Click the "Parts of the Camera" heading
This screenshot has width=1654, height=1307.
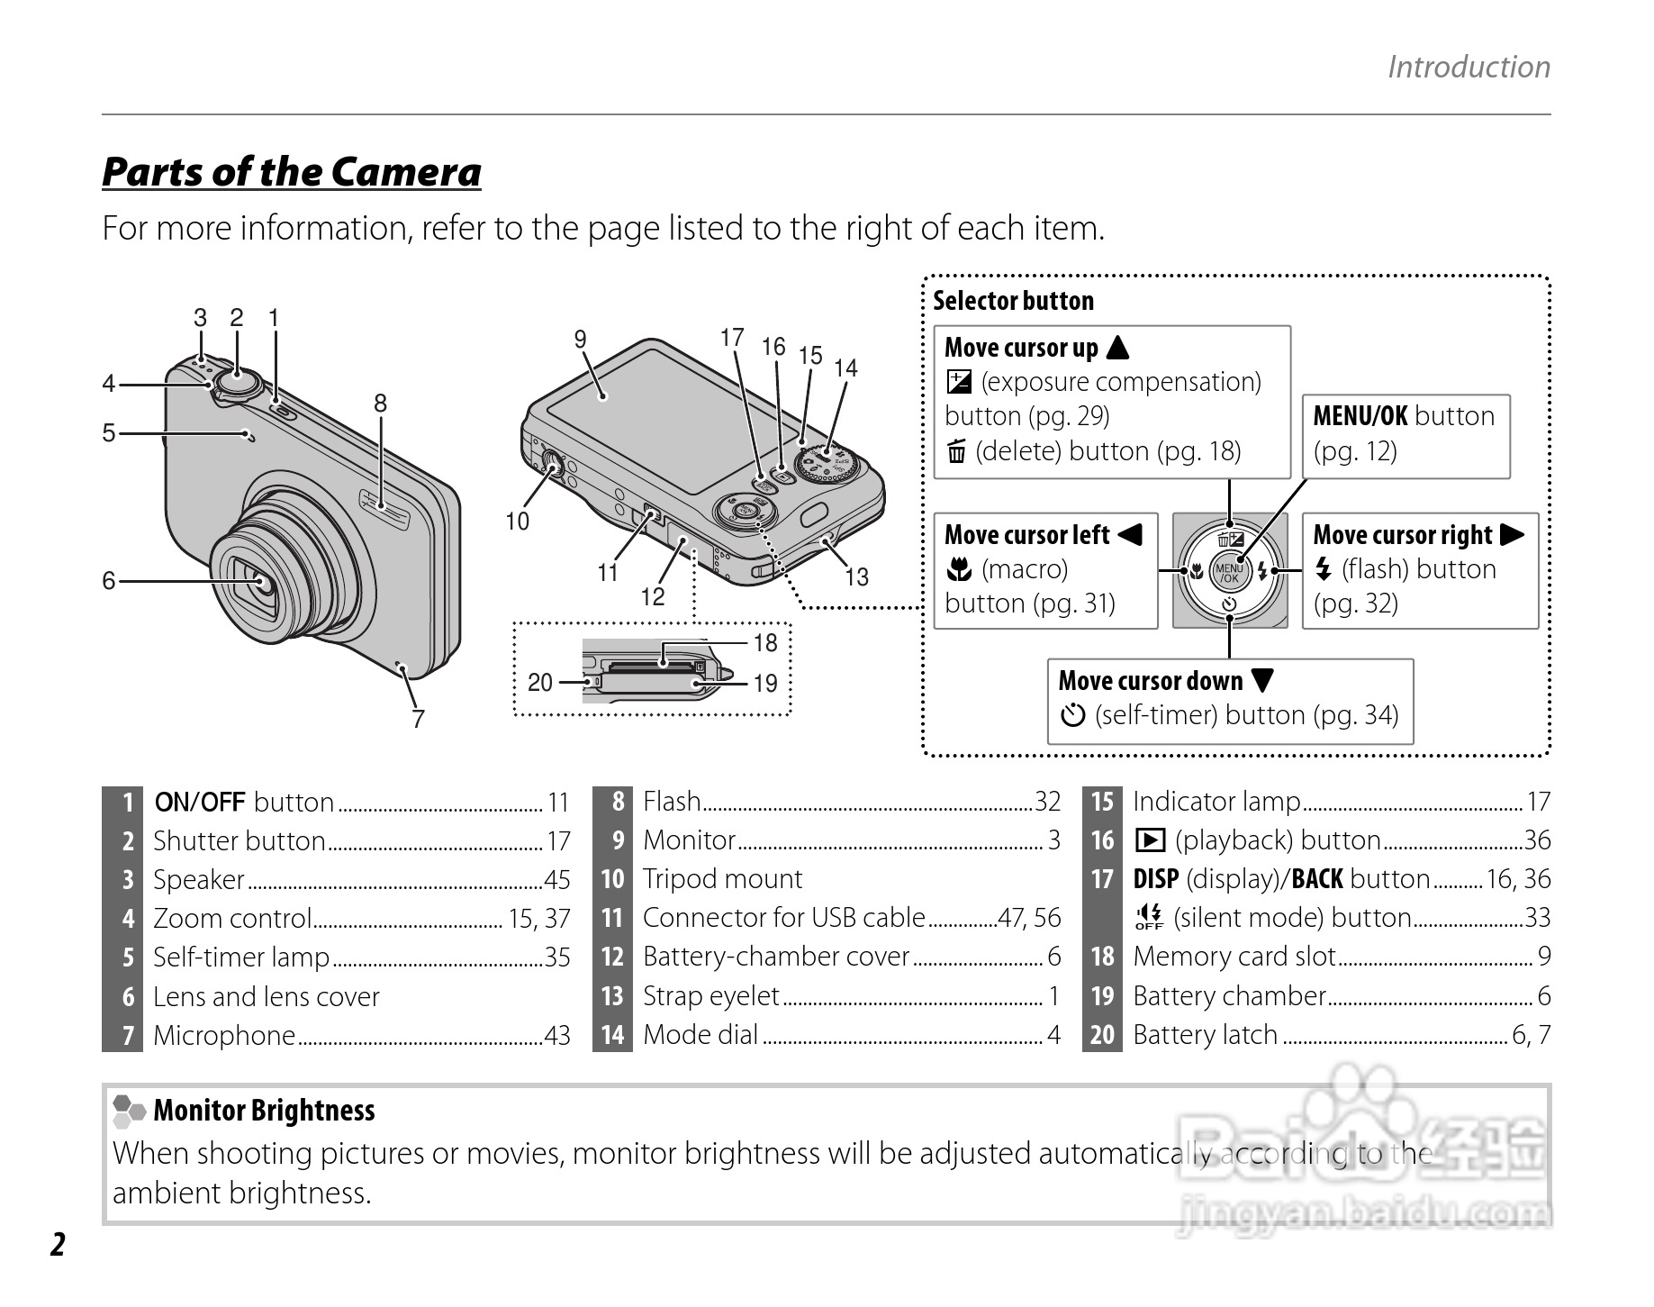tap(291, 172)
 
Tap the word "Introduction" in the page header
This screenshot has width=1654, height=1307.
tap(1468, 67)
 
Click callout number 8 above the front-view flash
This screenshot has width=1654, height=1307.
tap(380, 404)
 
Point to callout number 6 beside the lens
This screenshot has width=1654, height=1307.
tap(109, 581)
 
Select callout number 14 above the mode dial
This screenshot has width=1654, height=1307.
tap(845, 368)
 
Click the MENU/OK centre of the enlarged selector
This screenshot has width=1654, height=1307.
tap(1229, 571)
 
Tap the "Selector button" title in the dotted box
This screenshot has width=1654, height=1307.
tap(1013, 301)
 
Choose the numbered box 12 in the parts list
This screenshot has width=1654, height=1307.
tap(612, 957)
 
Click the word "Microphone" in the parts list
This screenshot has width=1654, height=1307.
tap(224, 1036)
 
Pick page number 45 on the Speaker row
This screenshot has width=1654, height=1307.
tap(557, 880)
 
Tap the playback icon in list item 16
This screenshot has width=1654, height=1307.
tap(1150, 840)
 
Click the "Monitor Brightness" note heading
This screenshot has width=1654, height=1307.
tap(264, 1111)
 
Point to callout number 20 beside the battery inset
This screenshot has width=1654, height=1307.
tap(539, 683)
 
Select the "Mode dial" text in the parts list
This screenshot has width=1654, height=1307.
tap(700, 1035)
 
